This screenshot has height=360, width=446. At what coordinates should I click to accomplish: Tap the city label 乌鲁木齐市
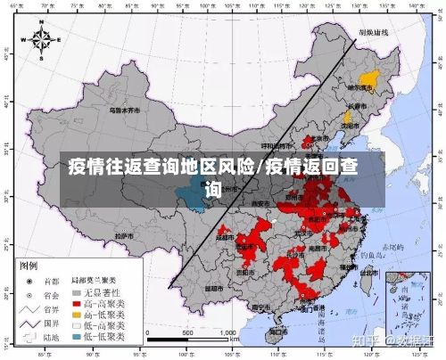(125, 110)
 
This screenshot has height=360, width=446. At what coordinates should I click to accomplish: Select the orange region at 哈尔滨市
(367, 78)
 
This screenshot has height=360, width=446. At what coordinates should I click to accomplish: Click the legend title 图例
(29, 266)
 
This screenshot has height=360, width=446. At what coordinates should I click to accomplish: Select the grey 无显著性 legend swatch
(78, 291)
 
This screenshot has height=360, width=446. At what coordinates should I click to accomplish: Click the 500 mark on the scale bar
(187, 332)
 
